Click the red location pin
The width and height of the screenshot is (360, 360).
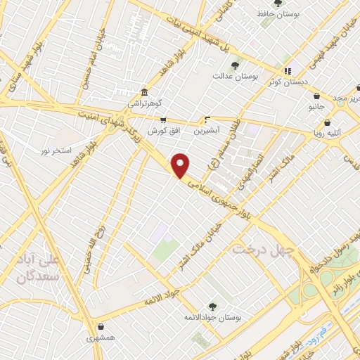(181, 165)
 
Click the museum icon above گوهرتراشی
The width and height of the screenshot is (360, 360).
(143, 92)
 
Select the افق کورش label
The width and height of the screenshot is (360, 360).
(163, 131)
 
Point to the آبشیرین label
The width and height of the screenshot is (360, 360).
(207, 130)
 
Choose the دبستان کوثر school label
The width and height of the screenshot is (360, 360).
(285, 82)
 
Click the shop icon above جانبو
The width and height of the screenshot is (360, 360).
(316, 96)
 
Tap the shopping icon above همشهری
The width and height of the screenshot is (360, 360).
(102, 326)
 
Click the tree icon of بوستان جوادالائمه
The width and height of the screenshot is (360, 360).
(212, 307)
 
